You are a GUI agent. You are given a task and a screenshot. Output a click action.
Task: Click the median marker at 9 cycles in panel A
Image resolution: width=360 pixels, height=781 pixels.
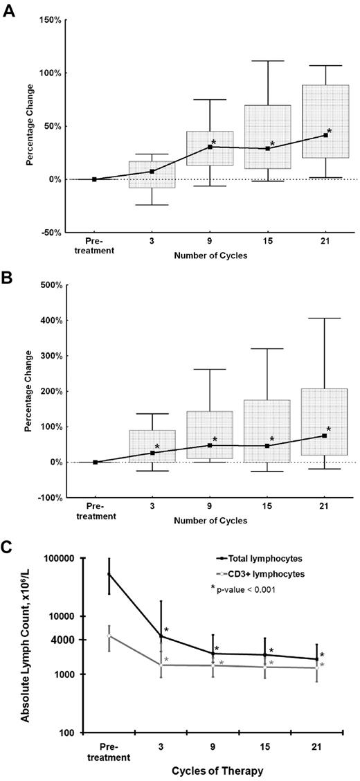(x=210, y=147)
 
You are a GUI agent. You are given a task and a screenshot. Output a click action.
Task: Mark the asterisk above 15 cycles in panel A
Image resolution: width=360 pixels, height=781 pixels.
(x=272, y=144)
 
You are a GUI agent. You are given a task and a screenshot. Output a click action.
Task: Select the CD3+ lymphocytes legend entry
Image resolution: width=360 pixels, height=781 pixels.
(x=264, y=574)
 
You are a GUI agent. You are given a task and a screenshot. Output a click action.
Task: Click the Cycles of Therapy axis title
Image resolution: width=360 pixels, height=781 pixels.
(x=210, y=770)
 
